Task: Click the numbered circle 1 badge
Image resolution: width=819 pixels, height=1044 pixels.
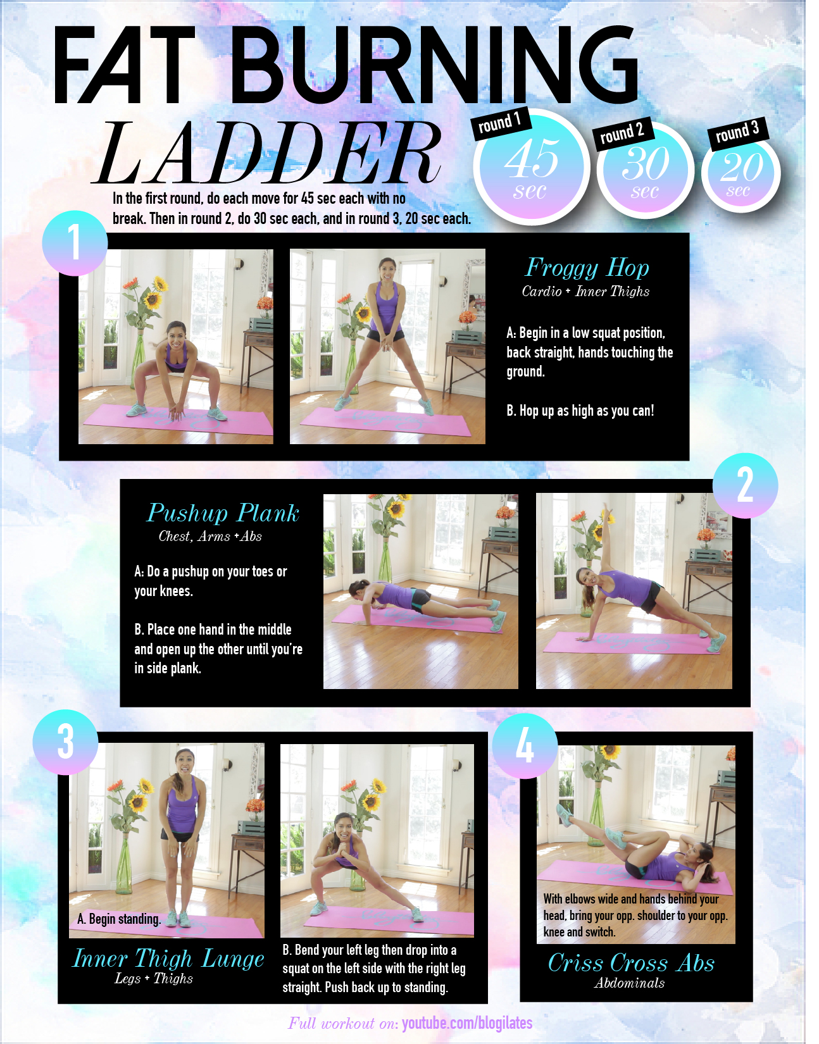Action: (x=75, y=243)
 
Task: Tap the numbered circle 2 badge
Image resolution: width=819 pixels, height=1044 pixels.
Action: (x=745, y=486)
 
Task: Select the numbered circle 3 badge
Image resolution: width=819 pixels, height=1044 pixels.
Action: (x=66, y=742)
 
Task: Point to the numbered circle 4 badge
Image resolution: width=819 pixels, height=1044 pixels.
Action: (x=525, y=745)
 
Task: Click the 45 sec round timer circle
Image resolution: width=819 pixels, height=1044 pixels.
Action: (x=532, y=166)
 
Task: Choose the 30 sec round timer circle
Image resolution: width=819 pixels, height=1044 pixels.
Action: (x=646, y=171)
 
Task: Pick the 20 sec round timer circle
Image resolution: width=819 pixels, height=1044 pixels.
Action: (x=741, y=173)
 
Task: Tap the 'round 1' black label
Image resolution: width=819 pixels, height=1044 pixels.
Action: (x=500, y=123)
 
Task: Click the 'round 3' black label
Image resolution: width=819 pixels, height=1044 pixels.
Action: (x=738, y=132)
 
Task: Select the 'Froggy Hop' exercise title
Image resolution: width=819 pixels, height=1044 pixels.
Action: (x=587, y=268)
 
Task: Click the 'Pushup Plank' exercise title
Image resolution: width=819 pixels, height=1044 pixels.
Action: (x=223, y=513)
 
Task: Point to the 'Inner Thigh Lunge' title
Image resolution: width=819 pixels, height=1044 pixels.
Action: (x=168, y=959)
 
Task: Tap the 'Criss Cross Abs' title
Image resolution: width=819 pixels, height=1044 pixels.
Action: (x=631, y=963)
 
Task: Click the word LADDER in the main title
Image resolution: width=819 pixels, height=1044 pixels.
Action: (x=266, y=153)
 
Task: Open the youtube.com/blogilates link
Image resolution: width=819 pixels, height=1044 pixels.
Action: (x=467, y=1023)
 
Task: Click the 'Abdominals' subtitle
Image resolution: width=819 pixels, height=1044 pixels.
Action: (x=629, y=983)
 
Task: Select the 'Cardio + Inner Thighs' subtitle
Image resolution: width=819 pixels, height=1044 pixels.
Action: (x=585, y=292)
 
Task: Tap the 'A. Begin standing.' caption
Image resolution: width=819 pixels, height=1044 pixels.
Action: (x=118, y=919)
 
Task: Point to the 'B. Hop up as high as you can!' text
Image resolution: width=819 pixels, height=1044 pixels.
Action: (x=580, y=411)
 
